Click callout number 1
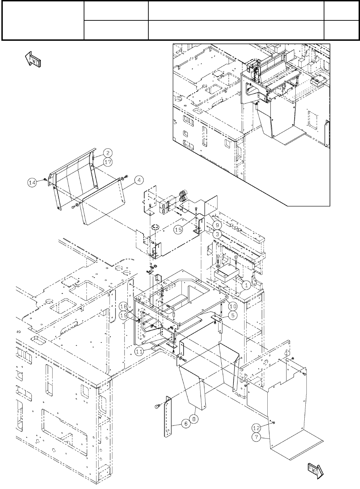click(x=246, y=285)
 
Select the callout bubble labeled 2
click(x=108, y=153)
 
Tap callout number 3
click(x=217, y=234)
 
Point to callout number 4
click(x=138, y=180)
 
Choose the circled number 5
click(x=232, y=315)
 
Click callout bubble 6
click(x=186, y=424)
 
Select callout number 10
click(x=232, y=306)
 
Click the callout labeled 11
click(x=139, y=351)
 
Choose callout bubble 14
click(x=32, y=183)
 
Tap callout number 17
click(x=108, y=161)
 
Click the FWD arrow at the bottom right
click(x=315, y=470)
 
